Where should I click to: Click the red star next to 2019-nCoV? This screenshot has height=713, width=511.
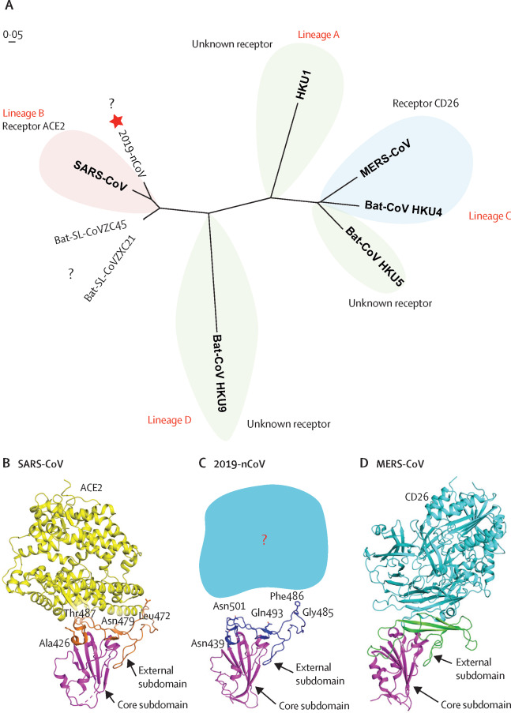coord(117,121)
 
